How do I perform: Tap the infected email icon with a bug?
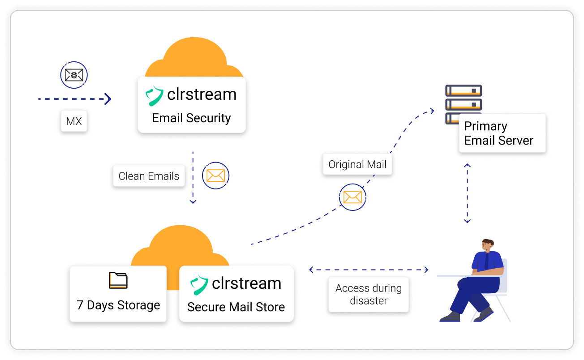(74, 75)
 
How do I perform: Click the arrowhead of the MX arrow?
(107, 99)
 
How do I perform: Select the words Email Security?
(191, 118)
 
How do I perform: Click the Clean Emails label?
(149, 176)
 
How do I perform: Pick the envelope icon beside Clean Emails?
(215, 176)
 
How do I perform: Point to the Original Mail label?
(357, 164)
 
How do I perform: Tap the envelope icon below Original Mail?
(352, 197)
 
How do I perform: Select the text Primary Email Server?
(499, 133)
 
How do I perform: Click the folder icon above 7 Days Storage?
(118, 280)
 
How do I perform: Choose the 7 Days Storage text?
(118, 305)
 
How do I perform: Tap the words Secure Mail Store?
(236, 307)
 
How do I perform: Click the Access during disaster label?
(369, 295)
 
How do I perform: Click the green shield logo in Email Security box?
(155, 95)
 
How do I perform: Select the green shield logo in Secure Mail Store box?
(199, 284)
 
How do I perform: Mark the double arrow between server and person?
(467, 193)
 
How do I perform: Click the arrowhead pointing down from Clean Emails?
(193, 202)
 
